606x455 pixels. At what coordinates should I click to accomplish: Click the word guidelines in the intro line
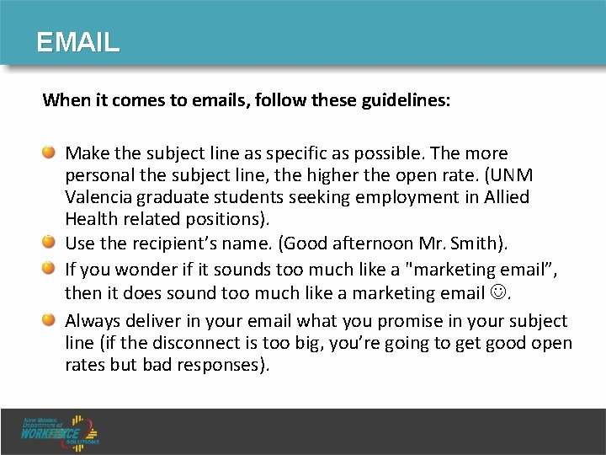407,99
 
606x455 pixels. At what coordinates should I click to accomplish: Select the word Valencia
96,197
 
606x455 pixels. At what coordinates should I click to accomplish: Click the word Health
88,218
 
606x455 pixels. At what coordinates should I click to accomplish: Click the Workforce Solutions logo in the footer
61,431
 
